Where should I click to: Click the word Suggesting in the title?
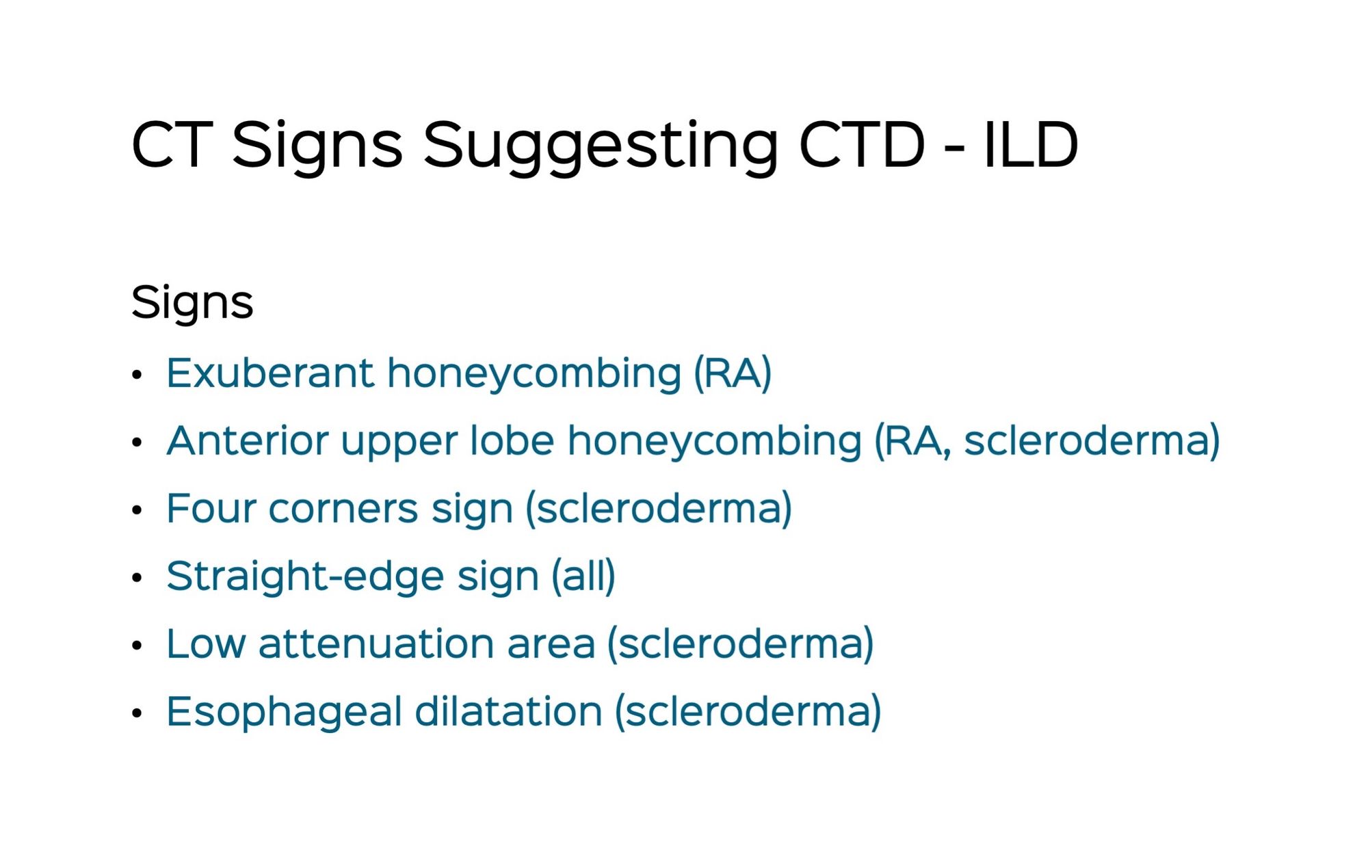(600, 145)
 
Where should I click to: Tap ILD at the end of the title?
(1030, 145)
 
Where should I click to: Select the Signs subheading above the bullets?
(192, 302)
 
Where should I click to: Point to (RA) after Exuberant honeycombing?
(733, 373)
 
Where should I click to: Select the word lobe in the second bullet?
(512, 440)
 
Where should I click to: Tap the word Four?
(211, 508)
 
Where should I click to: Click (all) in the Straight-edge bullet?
(583, 576)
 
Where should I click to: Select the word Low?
(206, 644)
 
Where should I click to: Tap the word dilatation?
(508, 711)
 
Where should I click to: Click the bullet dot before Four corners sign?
(137, 510)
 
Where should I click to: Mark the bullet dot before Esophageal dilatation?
(137, 713)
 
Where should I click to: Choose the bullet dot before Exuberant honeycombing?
(137, 375)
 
